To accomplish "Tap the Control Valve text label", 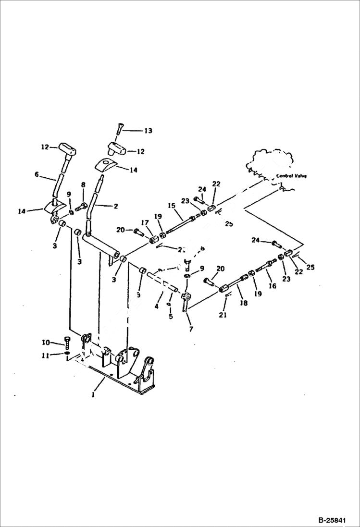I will pos(291,176).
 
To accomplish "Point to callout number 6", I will pos(37,175).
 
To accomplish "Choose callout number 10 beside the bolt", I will pos(46,343).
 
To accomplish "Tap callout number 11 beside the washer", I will pos(46,356).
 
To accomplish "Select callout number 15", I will pos(171,206).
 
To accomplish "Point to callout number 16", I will pos(273,286).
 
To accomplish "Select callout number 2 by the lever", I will pos(116,206).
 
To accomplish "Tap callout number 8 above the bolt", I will pos(83,184).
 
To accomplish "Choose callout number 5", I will pos(170,316).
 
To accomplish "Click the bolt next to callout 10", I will pos(67,343).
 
